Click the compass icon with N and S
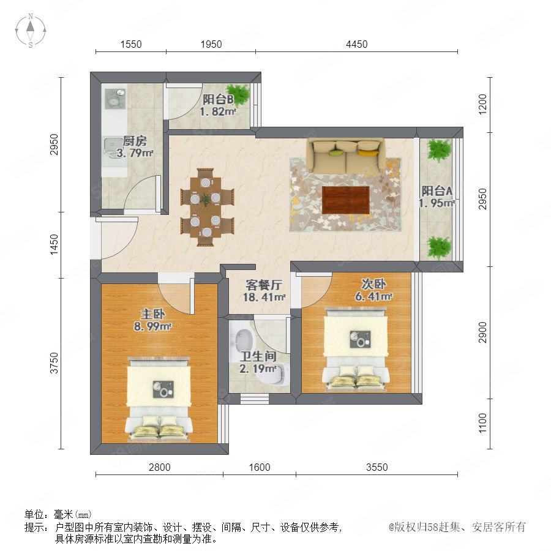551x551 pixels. (x=31, y=30)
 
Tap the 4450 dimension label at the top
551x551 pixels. (x=357, y=44)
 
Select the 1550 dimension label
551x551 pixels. (x=131, y=44)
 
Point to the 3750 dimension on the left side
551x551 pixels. (x=54, y=363)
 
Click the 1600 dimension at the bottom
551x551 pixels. (x=260, y=467)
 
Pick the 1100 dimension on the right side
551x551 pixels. (x=482, y=423)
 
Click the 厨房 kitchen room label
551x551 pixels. (x=135, y=141)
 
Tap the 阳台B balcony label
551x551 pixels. (x=218, y=99)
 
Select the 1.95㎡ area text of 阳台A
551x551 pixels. (x=437, y=203)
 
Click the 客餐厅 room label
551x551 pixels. (x=263, y=284)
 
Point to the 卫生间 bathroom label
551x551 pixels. (x=258, y=356)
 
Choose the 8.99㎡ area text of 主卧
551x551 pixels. (x=152, y=326)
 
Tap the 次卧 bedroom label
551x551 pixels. (x=373, y=284)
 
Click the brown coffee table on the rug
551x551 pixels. (x=346, y=200)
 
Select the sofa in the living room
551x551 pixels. (x=346, y=156)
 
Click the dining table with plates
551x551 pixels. (x=206, y=208)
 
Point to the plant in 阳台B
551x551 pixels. (x=238, y=94)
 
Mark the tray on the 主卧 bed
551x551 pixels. (x=163, y=389)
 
